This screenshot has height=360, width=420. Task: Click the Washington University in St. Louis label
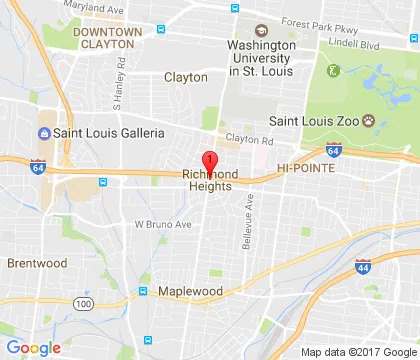pos(261,60)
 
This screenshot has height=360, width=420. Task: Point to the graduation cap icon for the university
pos(261,30)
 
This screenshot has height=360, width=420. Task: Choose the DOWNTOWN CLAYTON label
pos(104,38)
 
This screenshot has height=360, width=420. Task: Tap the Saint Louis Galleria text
pos(110,133)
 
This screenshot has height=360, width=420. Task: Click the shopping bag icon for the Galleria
pos(43,133)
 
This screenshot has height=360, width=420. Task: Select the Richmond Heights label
pos(209,180)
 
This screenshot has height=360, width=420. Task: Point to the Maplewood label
pos(189,291)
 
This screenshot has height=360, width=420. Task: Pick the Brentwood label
pos(37,263)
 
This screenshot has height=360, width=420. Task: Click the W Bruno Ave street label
pos(162,224)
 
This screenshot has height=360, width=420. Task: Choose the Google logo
pos(34,347)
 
